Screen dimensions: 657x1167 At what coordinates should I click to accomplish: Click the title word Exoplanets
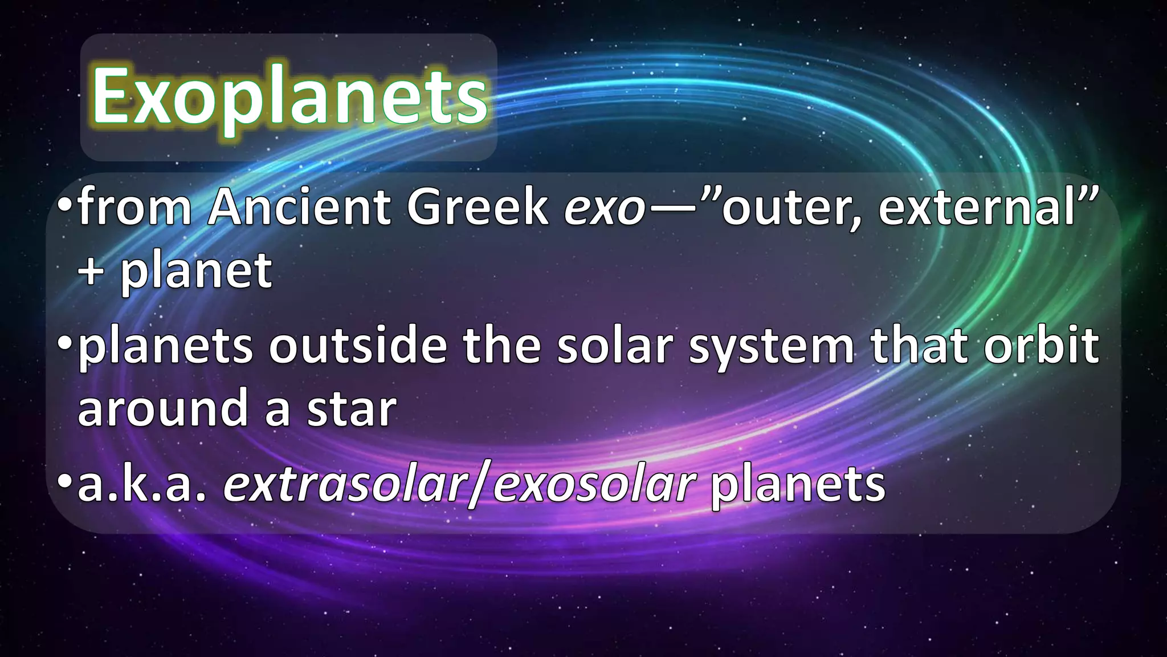click(x=289, y=97)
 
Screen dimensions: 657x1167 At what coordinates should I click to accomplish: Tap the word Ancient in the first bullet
click(x=299, y=206)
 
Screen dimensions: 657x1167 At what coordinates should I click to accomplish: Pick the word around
click(x=162, y=408)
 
